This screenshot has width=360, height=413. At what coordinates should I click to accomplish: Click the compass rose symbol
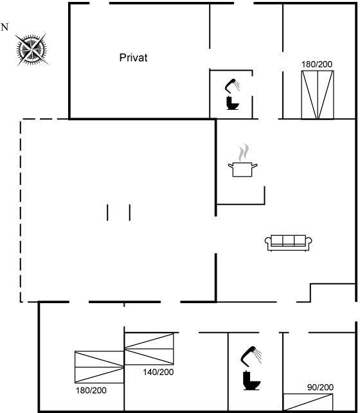click(x=32, y=49)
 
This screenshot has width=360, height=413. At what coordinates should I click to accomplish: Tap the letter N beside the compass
click(x=4, y=27)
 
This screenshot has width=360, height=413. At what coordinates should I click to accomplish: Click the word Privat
click(x=133, y=58)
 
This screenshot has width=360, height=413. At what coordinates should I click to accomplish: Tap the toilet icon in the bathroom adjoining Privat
click(x=233, y=103)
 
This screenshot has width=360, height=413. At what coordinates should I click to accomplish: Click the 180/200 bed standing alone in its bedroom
click(x=318, y=95)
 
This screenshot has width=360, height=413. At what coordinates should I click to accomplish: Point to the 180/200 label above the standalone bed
click(x=317, y=64)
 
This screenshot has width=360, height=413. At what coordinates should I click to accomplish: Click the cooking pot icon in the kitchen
click(x=242, y=170)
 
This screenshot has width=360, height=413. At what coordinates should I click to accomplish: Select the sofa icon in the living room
click(x=288, y=243)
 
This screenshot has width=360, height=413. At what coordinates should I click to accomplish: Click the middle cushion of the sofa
click(x=288, y=240)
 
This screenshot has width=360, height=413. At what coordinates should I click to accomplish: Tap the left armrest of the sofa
click(x=268, y=243)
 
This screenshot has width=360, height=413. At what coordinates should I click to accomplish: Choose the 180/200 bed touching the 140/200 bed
click(x=100, y=367)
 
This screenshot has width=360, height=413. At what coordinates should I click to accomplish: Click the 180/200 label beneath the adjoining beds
click(x=91, y=391)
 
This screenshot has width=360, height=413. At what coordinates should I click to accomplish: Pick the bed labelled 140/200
click(x=149, y=349)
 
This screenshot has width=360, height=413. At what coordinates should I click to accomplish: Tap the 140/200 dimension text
click(x=158, y=372)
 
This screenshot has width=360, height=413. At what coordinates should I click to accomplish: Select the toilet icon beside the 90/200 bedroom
click(x=252, y=380)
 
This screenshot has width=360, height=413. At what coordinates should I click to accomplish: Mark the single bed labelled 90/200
click(x=308, y=402)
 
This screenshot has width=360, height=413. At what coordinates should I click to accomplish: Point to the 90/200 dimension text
click(x=320, y=387)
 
